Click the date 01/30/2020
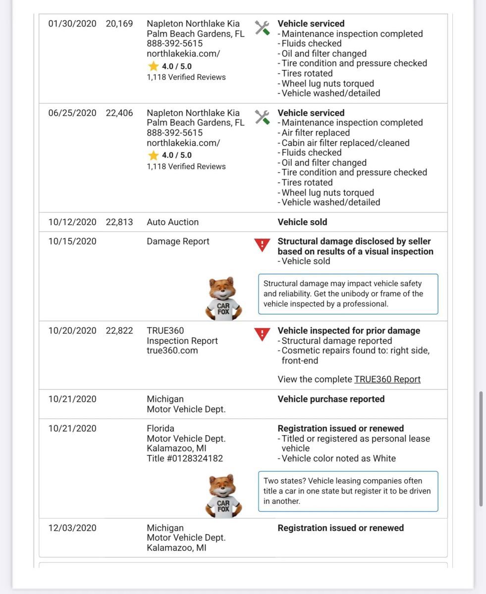pos(72,24)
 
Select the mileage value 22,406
pos(119,113)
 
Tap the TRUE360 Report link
pos(387,379)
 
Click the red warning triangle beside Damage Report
pos(262,245)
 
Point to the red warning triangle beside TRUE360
pos(262,334)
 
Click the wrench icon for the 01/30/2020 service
pos(262,28)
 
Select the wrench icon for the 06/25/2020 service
pos(262,117)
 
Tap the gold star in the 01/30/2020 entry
pos(154,66)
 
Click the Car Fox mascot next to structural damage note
pos(223,298)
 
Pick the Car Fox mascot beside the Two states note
pos(223,495)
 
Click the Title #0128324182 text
pos(185,458)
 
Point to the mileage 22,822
pos(119,331)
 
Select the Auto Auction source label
pos(172,222)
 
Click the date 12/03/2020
pos(72,528)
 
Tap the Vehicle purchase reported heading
pos(331,399)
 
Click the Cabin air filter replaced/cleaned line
pos(345,143)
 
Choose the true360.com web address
pos(172,350)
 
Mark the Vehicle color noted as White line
pos(338,458)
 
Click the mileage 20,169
pos(119,24)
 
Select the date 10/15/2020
pos(72,242)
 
